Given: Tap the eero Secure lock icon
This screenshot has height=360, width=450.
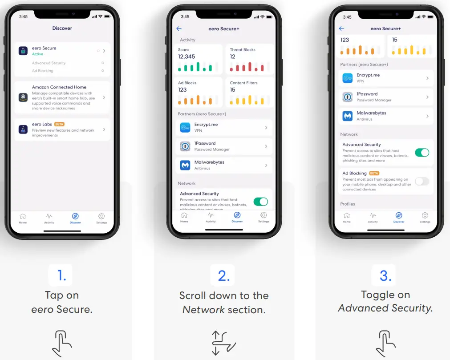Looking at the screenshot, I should pyautogui.click(x=23, y=51).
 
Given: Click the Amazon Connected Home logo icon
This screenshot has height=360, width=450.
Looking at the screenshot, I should pyautogui.click(x=23, y=97).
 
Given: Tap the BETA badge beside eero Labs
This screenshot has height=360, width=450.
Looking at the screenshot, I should pyautogui.click(x=59, y=124).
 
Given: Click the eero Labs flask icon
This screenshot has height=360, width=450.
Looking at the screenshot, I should pyautogui.click(x=23, y=129).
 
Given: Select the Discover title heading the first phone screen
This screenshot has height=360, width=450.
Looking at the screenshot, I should pyautogui.click(x=62, y=28).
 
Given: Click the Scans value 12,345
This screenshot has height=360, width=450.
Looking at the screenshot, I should pyautogui.click(x=186, y=57).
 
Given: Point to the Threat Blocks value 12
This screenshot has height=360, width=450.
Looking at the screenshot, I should pyautogui.click(x=232, y=57).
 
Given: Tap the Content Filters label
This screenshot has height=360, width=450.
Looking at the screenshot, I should pyautogui.click(x=243, y=83).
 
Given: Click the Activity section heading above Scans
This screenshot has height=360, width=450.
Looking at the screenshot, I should pyautogui.click(x=187, y=40).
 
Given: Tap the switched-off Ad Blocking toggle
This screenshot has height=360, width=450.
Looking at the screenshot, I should pyautogui.click(x=422, y=181).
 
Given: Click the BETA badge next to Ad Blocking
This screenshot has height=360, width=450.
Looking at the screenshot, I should pyautogui.click(x=374, y=173).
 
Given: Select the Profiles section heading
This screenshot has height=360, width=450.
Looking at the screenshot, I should pyautogui.click(x=348, y=204).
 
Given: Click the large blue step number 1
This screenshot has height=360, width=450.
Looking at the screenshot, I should pyautogui.click(x=61, y=276).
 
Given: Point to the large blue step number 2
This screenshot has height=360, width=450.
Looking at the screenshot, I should pyautogui.click(x=223, y=276).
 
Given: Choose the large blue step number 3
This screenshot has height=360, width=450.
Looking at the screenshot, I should pyautogui.click(x=385, y=276).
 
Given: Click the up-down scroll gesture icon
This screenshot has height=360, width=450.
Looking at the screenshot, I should pyautogui.click(x=223, y=343).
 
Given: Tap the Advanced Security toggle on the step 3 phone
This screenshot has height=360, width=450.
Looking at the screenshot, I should pyautogui.click(x=422, y=153).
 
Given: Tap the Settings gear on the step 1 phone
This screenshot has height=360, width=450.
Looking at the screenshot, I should pyautogui.click(x=101, y=216).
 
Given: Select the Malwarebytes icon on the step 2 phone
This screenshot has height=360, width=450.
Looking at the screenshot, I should pyautogui.click(x=185, y=165).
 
